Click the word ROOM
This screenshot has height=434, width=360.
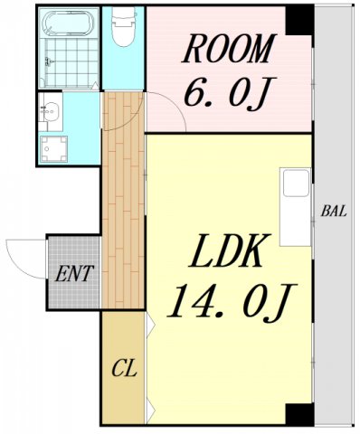[229, 48]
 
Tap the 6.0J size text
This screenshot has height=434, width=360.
[226, 92]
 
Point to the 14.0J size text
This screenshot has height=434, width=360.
[232, 301]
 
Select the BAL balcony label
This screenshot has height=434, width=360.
[334, 211]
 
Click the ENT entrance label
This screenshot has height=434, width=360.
[73, 273]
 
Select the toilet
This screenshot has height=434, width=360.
[124, 26]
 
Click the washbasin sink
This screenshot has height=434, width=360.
[51, 111]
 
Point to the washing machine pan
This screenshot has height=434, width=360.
[54, 148]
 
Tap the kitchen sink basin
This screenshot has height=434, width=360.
[296, 183]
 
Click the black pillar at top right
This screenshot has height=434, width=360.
[298, 20]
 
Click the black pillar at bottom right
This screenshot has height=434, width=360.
[298, 414]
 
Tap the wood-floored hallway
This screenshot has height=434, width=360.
[123, 200]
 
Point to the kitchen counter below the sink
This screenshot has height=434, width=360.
[295, 221]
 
